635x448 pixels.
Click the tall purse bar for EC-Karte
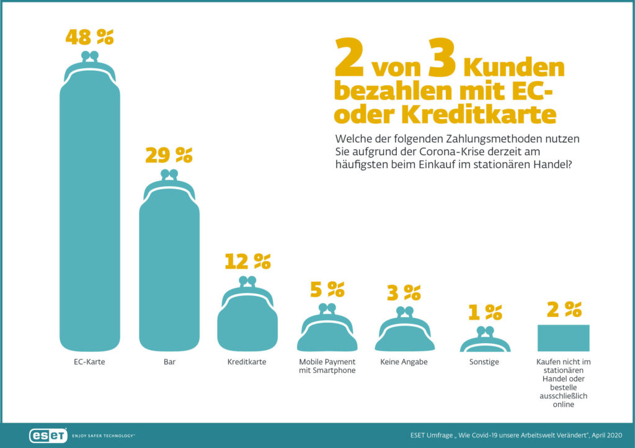[90, 211]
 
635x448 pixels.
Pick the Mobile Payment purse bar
[327, 335]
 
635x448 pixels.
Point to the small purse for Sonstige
[484, 343]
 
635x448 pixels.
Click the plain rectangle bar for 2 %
[563, 338]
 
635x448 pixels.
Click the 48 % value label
[90, 37]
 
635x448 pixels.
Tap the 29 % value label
[169, 155]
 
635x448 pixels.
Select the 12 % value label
[247, 262]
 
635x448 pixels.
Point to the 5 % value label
[327, 289]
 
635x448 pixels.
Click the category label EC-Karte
[90, 362]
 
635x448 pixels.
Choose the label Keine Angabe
[404, 362]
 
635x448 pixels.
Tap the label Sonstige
[484, 362]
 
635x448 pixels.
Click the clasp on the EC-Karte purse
[90, 56]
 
